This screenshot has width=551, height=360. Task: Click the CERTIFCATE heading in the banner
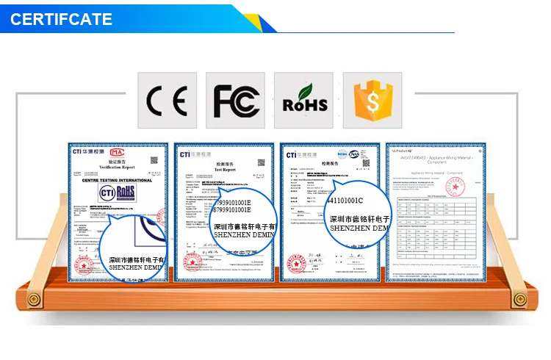(61, 18)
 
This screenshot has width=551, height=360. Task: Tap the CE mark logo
(167, 101)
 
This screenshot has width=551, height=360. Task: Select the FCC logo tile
(235, 101)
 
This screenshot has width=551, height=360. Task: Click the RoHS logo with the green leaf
(303, 101)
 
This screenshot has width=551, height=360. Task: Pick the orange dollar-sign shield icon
(372, 101)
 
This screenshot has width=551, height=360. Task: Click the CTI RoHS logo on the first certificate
(117, 192)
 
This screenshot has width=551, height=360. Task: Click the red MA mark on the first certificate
(117, 152)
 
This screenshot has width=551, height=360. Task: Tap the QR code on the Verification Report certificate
(154, 160)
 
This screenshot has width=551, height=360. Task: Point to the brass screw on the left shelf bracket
(32, 299)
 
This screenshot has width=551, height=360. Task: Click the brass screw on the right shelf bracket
(519, 299)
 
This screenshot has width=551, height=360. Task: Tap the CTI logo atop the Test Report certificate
(189, 154)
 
